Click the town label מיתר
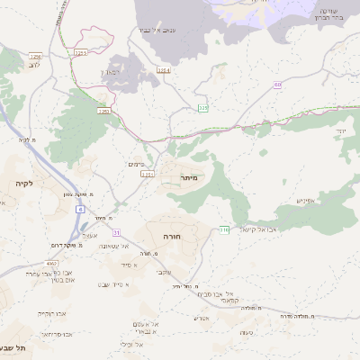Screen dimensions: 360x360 pyautogui.click(x=188, y=179)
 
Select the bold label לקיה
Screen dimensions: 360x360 pyautogui.click(x=23, y=184)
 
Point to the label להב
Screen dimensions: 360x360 pyautogui.click(x=35, y=65)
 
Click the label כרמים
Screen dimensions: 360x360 pyautogui.click(x=136, y=163)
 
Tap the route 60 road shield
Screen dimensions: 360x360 pyautogui.click(x=277, y=84)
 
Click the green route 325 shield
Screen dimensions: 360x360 pyautogui.click(x=203, y=108)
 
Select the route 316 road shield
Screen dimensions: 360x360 pyautogui.click(x=223, y=229)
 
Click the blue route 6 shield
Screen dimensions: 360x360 pyautogui.click(x=79, y=209)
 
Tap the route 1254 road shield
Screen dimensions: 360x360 pyautogui.click(x=163, y=69)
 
